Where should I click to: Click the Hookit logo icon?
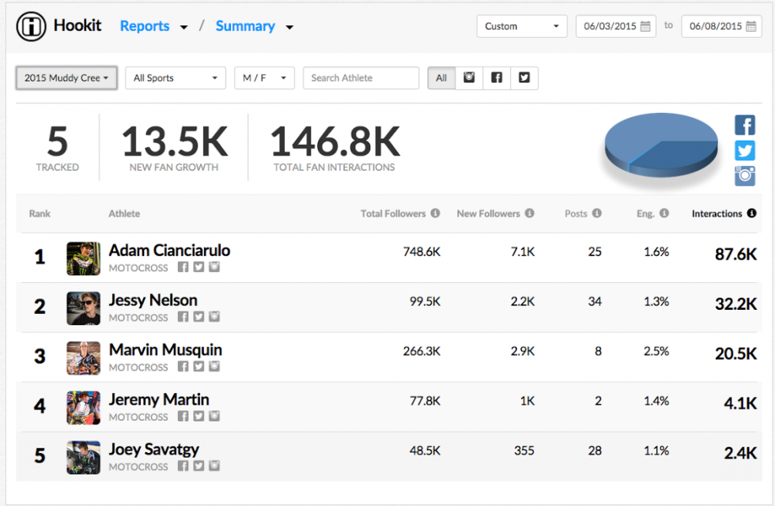(x=31, y=26)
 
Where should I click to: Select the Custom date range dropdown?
(x=522, y=26)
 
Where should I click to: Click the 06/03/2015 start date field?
(x=616, y=26)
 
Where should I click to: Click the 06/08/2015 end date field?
(x=721, y=26)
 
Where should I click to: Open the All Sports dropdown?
(x=176, y=78)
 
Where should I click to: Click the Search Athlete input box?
(x=361, y=78)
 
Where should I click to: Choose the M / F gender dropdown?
(x=264, y=78)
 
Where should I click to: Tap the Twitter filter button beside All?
(x=524, y=77)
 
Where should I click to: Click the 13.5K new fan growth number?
(x=174, y=142)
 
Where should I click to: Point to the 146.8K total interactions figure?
(x=335, y=142)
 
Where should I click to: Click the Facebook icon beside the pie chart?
(x=745, y=125)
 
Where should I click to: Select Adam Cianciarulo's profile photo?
(x=83, y=259)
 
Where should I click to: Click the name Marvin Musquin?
(x=165, y=349)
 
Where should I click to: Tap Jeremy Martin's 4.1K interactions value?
(x=740, y=402)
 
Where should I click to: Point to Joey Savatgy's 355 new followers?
(x=523, y=451)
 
